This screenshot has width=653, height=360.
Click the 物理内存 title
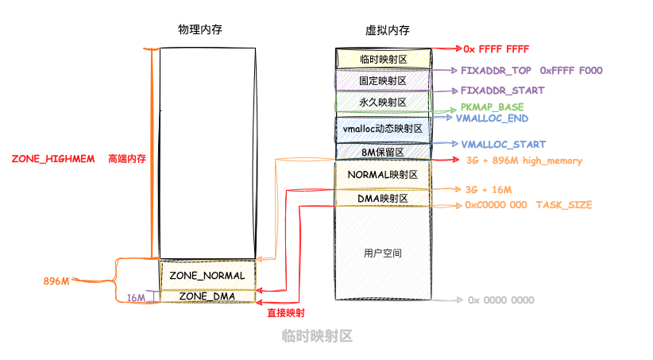[x=199, y=29]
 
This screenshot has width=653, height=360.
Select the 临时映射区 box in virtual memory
[x=383, y=59]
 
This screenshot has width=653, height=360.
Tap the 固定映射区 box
[x=383, y=80]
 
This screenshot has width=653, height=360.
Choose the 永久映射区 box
[x=383, y=103]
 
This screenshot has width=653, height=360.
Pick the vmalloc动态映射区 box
[x=383, y=128]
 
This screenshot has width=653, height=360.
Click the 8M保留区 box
[x=383, y=151]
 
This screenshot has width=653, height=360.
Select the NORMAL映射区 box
[x=383, y=173]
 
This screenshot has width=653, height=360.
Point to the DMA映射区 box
[x=383, y=197]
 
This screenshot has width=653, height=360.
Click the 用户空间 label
[x=383, y=254]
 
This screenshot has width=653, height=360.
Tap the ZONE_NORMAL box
[x=207, y=275]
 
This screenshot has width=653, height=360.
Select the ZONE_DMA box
[x=207, y=296]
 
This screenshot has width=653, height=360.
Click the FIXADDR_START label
[x=502, y=91]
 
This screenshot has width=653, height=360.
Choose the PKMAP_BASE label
[x=492, y=106]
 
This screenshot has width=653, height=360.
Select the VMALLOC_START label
[x=503, y=145]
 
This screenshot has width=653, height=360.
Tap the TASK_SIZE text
[x=563, y=205]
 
